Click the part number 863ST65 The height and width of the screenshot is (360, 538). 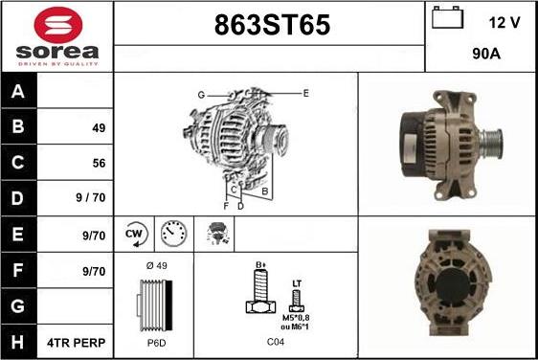269,27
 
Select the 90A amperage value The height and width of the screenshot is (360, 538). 487,56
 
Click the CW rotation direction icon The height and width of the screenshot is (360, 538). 134,233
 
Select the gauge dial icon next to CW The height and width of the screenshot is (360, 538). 172,233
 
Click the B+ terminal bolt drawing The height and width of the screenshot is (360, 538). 258,289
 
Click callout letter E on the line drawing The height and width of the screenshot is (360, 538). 305,93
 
